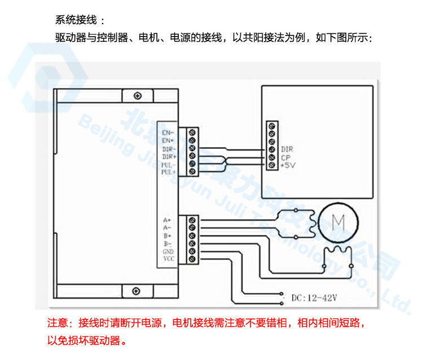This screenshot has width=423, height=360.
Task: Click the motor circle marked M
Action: [338, 223]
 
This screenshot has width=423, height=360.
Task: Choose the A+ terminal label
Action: [167, 219]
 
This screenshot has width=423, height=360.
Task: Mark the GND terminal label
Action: [168, 251]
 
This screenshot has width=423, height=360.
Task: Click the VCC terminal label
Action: [168, 259]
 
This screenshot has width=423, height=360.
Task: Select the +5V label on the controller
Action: [288, 166]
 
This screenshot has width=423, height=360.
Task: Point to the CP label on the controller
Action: [285, 158]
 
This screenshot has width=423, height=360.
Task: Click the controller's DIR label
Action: [286, 150]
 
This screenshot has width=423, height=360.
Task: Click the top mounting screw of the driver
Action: [135, 96]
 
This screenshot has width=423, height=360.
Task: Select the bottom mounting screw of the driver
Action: [135, 291]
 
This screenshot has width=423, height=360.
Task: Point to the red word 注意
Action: [58, 324]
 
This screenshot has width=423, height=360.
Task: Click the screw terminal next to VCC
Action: [192, 259]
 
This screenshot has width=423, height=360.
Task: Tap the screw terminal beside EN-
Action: [192, 133]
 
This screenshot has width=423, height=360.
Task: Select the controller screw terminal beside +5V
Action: [272, 165]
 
